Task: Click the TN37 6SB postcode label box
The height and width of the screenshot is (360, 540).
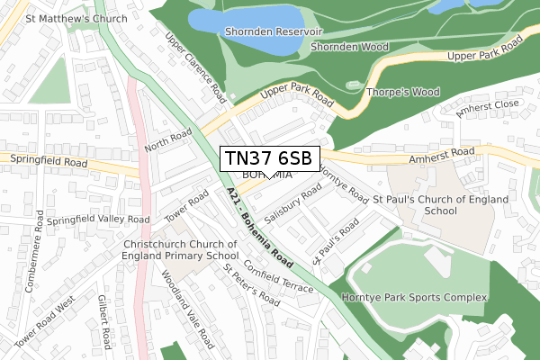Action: [267, 158]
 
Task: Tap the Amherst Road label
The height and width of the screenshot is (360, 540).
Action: [436, 154]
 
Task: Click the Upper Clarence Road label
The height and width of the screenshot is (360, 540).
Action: [193, 66]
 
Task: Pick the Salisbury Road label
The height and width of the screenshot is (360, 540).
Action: [293, 205]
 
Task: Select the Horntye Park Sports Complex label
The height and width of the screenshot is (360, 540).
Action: [414, 296]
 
